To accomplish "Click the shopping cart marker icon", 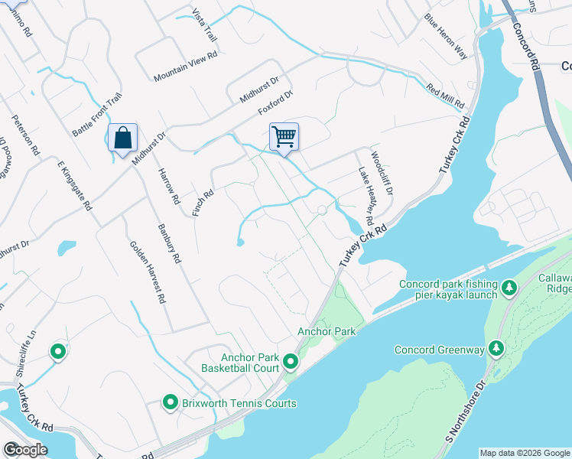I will coord(284,137).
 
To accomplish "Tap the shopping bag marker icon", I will coord(122,138).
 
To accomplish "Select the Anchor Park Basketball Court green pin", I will coord(291,361).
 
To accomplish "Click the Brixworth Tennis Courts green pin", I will coord(171,402).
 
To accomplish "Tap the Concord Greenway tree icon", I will coord(496,350).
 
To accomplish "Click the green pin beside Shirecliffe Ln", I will coord(57,352).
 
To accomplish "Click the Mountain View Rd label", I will coord(186,67).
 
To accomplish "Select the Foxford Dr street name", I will coord(275,103).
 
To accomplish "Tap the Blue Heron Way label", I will coord(446,36).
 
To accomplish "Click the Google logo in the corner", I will coord(25,450).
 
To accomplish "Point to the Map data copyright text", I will coord(525,453).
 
